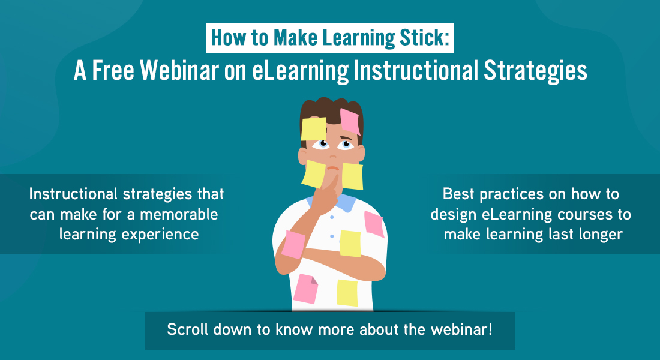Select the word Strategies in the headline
(535, 71)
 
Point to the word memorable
(179, 214)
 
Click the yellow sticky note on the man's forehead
(314, 129)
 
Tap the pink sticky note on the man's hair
(350, 121)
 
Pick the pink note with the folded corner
(305, 289)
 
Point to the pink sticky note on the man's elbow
(293, 244)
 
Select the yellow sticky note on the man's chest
(350, 244)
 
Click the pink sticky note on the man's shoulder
(374, 224)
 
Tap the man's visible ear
(302, 156)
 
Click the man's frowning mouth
(333, 169)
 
